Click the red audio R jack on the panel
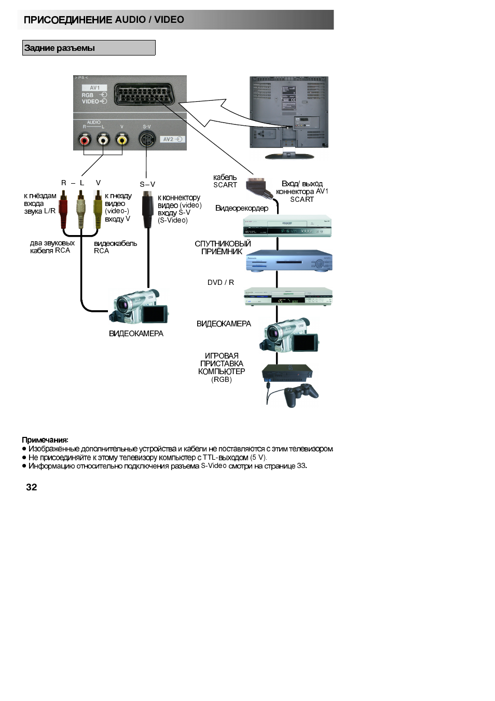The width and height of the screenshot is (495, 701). (84, 140)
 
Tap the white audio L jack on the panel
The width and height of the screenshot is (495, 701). (103, 140)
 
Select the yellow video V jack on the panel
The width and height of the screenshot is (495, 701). (122, 140)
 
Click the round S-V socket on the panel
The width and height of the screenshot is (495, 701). (147, 139)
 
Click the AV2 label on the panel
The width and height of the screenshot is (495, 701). (168, 139)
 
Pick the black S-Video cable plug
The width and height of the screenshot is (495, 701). (147, 208)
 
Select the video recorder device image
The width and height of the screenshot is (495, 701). (287, 226)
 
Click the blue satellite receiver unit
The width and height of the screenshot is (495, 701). (288, 261)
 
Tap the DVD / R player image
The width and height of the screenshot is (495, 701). (288, 297)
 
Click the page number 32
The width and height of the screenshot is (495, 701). (32, 487)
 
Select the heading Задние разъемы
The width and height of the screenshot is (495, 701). (60, 48)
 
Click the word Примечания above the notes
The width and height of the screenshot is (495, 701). (45, 440)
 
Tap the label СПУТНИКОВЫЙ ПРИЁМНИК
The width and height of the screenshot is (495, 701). (223, 248)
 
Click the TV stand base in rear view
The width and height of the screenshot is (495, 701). (289, 156)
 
